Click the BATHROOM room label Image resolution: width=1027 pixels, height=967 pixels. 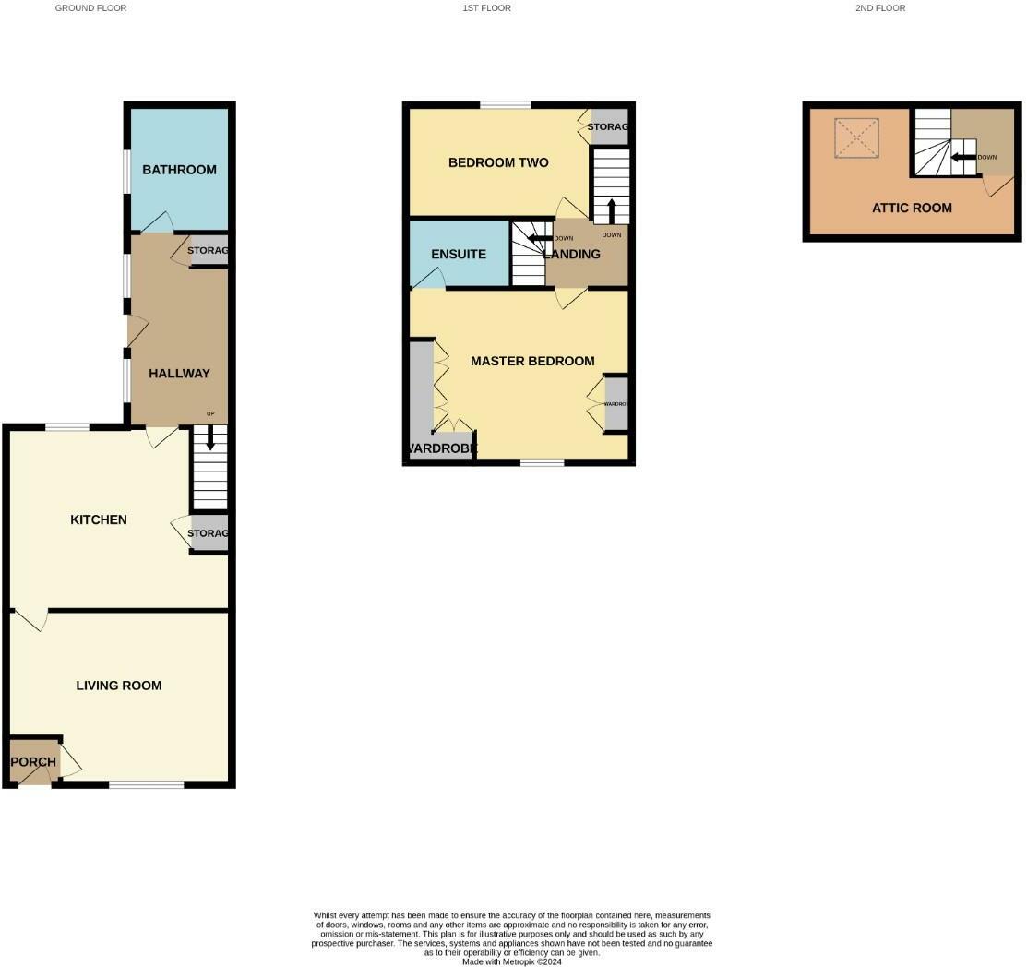[179, 170]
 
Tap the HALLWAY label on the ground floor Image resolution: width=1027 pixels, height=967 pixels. [179, 374]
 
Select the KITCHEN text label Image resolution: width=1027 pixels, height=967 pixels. [99, 519]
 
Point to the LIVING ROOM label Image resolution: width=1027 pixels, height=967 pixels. [118, 686]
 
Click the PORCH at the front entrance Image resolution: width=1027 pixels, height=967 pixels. [33, 762]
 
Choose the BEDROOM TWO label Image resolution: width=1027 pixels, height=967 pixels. [498, 162]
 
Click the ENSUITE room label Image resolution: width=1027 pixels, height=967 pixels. [459, 254]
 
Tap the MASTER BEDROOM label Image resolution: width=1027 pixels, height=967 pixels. [532, 361]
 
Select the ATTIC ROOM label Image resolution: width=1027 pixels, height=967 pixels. [912, 208]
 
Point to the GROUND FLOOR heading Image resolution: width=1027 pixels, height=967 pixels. [90, 8]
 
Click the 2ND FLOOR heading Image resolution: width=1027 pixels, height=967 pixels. [879, 8]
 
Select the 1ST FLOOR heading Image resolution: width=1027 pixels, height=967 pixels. [486, 8]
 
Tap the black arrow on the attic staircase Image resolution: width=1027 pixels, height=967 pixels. [963, 157]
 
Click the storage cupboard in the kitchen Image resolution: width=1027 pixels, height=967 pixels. [209, 534]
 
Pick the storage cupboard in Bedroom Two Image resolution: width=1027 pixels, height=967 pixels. [609, 127]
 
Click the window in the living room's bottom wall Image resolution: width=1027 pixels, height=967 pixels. [146, 785]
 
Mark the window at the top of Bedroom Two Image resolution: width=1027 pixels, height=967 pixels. [505, 105]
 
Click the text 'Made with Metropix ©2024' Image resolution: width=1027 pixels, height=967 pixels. [512, 961]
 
